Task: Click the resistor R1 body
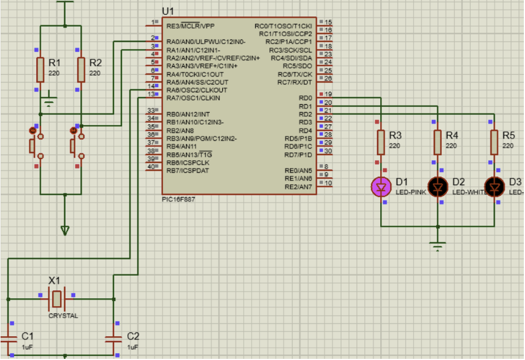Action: (x=40, y=69)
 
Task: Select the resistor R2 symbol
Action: (x=81, y=69)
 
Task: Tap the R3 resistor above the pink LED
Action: (x=382, y=142)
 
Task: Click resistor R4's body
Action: (x=437, y=142)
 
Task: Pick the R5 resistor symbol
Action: (x=494, y=142)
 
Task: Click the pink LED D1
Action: (x=382, y=186)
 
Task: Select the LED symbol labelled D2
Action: (x=437, y=186)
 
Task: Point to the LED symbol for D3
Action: (x=494, y=186)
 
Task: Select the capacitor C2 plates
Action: (x=114, y=338)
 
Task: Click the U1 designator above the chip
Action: (x=168, y=11)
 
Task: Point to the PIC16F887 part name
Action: (x=179, y=200)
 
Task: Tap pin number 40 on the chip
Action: (x=152, y=167)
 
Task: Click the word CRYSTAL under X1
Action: (x=63, y=316)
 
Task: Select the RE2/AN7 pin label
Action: (x=298, y=187)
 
